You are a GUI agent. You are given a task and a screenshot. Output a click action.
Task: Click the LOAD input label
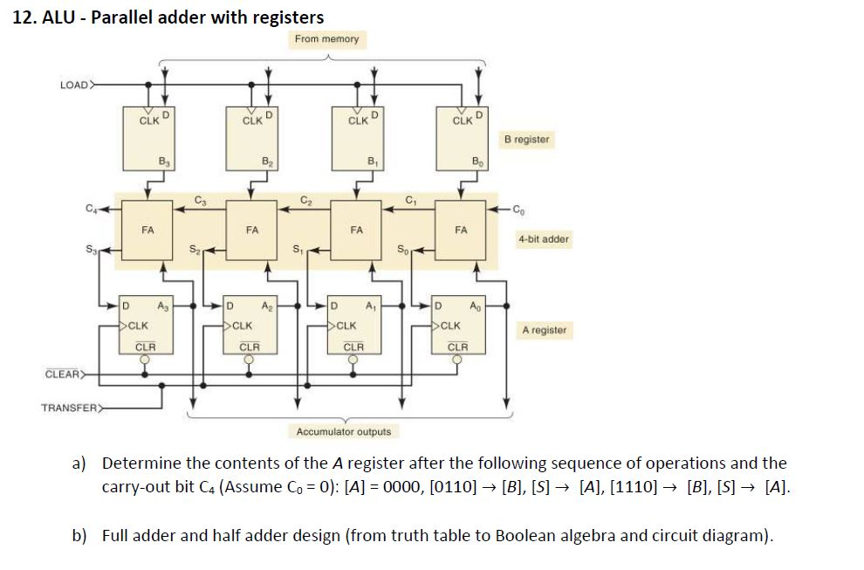pyautogui.click(x=73, y=85)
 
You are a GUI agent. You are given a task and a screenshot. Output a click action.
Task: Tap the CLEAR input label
pyautogui.click(x=63, y=375)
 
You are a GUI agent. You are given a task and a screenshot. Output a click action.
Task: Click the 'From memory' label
pyautogui.click(x=326, y=39)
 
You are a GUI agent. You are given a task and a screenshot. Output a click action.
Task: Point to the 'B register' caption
pyautogui.click(x=526, y=140)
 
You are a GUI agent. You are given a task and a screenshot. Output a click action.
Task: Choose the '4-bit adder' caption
pyautogui.click(x=543, y=238)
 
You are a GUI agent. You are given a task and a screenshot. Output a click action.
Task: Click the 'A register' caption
pyautogui.click(x=544, y=330)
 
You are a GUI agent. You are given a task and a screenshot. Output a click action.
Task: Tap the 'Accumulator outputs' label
pyautogui.click(x=344, y=431)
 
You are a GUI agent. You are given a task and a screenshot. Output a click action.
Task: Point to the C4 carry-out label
pyautogui.click(x=87, y=208)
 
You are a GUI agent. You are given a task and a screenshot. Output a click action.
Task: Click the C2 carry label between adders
pyautogui.click(x=306, y=200)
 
